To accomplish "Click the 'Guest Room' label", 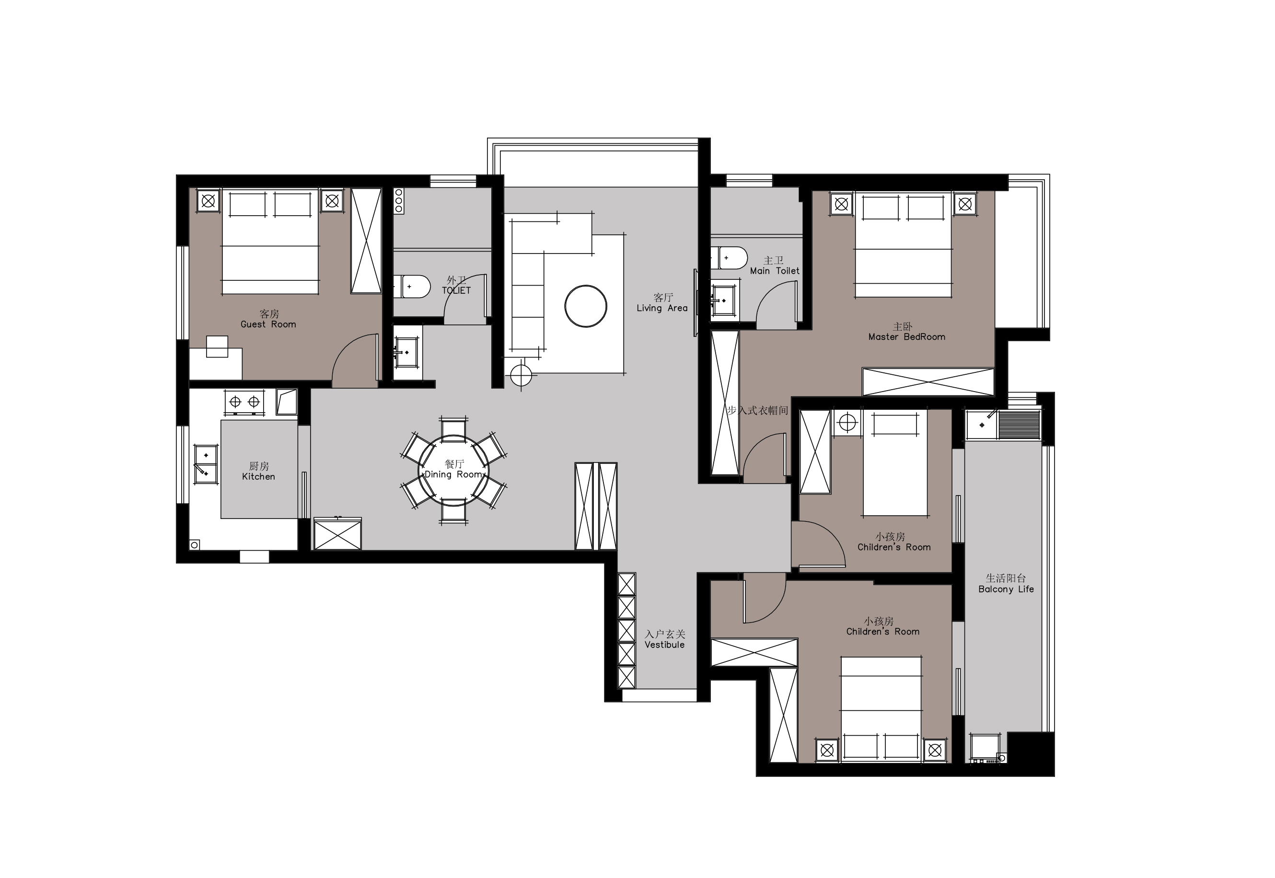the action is tap(268, 324).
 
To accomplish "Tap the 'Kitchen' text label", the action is tap(258, 476).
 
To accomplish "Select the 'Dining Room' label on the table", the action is tap(454, 474).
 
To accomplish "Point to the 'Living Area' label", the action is tap(662, 308).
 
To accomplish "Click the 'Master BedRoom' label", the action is tap(906, 336).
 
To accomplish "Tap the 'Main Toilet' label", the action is tap(775, 271).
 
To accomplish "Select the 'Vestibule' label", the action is tap(664, 645).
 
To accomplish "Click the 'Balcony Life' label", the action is tap(1006, 589).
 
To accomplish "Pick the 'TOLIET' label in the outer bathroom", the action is tap(456, 290).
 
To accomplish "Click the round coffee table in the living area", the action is tap(586, 306).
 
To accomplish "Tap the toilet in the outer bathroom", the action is tap(412, 287).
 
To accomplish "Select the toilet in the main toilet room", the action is tap(729, 258).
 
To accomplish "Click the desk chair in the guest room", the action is tap(217, 347).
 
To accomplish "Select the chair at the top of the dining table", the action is tap(454, 427).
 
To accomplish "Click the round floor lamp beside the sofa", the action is tap(521, 376).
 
